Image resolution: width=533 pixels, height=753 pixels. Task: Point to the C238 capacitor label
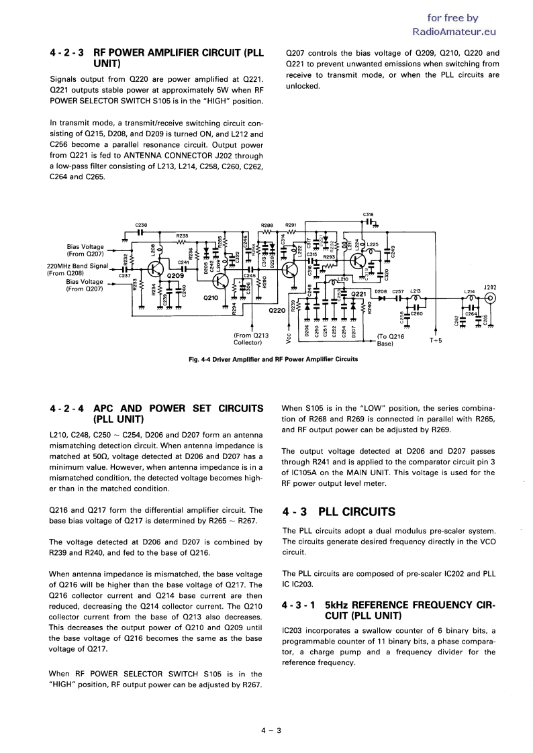(140, 224)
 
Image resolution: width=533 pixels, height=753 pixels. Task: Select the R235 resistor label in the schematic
(182, 236)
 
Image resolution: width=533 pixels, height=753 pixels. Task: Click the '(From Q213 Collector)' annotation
(251, 340)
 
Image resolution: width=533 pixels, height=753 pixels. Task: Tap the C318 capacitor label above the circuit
(368, 215)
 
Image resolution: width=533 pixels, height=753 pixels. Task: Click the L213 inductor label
(415, 292)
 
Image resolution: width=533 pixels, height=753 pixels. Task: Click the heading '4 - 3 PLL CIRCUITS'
(339, 512)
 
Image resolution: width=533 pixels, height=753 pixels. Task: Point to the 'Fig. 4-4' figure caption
(274, 359)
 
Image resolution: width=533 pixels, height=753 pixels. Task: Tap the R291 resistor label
(291, 225)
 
